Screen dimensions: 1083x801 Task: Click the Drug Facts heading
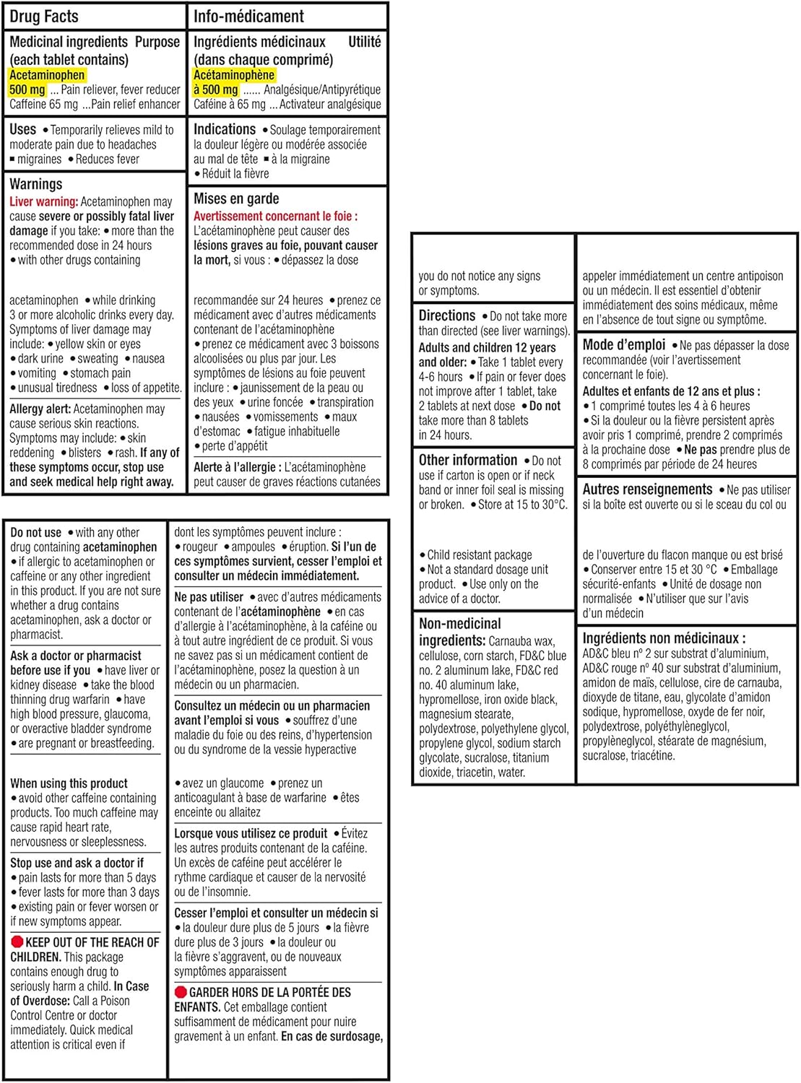(x=44, y=17)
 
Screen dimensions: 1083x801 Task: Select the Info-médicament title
(x=248, y=17)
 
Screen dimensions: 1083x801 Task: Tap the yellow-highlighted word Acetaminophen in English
(x=47, y=75)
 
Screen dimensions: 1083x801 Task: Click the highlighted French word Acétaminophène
(x=234, y=75)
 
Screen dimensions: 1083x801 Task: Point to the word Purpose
(x=157, y=42)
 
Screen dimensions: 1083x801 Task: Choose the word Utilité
(x=364, y=42)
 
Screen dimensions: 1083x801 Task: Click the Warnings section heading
(x=35, y=184)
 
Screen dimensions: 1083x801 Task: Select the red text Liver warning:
(x=43, y=202)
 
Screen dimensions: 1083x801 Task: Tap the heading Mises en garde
(x=236, y=199)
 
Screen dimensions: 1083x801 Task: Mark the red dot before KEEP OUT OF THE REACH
(x=17, y=942)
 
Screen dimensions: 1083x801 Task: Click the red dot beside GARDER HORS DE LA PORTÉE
(x=181, y=993)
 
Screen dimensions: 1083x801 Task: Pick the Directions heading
(x=447, y=316)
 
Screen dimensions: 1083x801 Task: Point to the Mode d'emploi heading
(x=624, y=344)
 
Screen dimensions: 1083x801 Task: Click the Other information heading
(x=468, y=460)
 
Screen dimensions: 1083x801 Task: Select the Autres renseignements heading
(x=647, y=490)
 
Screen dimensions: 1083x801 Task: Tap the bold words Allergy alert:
(x=40, y=409)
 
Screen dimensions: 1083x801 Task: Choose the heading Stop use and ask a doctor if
(x=77, y=863)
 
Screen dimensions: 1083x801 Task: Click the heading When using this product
(x=69, y=783)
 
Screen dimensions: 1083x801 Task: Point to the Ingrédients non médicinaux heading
(x=664, y=638)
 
